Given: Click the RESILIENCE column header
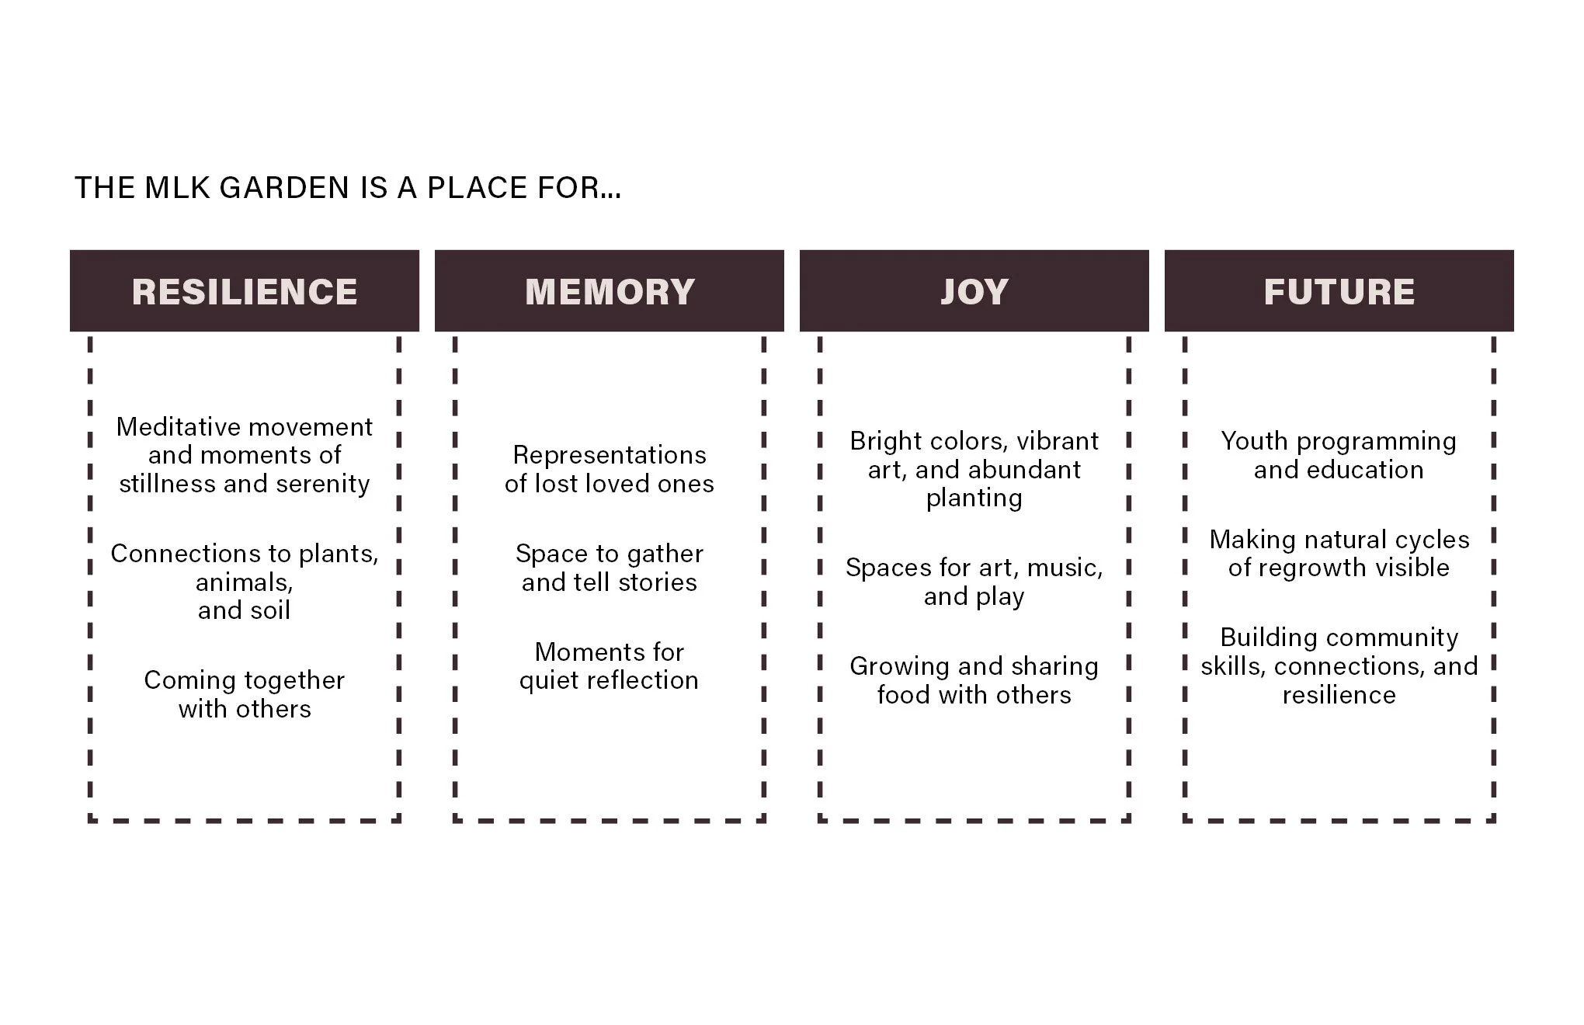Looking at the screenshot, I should pyautogui.click(x=245, y=292).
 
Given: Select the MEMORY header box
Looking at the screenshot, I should pyautogui.click(x=610, y=292).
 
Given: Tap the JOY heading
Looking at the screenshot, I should pyautogui.click(x=974, y=292).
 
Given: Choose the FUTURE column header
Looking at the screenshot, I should pyautogui.click(x=1339, y=292).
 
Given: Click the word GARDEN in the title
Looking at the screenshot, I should pyautogui.click(x=284, y=188).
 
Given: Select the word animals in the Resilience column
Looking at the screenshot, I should pyautogui.click(x=243, y=582).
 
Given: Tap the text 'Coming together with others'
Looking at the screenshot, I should pyautogui.click(x=245, y=694).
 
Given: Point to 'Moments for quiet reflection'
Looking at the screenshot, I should pyautogui.click(x=610, y=666).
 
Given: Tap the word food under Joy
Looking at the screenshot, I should pyautogui.click(x=905, y=695).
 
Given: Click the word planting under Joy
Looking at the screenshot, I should pyautogui.click(x=974, y=499).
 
